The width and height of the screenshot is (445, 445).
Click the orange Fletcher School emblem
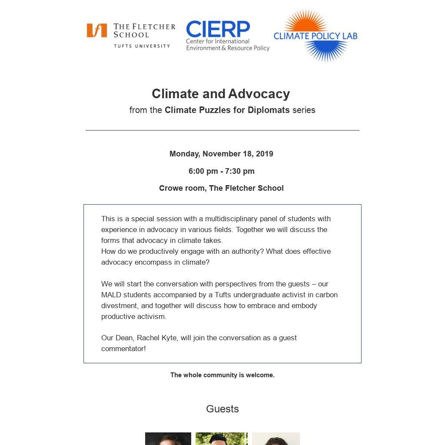pos(96,30)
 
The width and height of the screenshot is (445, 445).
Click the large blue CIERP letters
pos(218,29)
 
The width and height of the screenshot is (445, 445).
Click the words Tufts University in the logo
pos(142,46)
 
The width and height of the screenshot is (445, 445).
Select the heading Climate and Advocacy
pos(221,94)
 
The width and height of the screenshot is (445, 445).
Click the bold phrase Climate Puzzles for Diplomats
pos(227,110)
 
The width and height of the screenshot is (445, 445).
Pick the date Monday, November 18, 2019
pos(221,154)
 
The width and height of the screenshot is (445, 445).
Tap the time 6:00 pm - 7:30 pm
pos(221,171)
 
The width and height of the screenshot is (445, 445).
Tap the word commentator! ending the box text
pos(123,349)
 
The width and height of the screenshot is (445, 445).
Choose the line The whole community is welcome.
pos(222,375)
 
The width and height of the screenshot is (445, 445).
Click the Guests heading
pos(222,409)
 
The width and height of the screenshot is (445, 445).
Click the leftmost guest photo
pos(168,438)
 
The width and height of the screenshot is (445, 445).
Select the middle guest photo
pos(221,438)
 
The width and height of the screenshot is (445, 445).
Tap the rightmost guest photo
pos(276,438)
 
